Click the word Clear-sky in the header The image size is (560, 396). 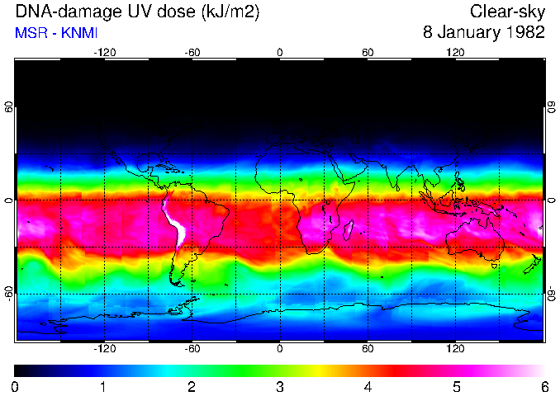pyautogui.click(x=508, y=12)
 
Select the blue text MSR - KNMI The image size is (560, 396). pyautogui.click(x=56, y=33)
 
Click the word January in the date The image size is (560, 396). pyautogui.click(x=465, y=33)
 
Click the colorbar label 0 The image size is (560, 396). pyautogui.click(x=15, y=386)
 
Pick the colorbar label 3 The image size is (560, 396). pyautogui.click(x=279, y=386)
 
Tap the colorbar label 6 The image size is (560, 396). pyautogui.click(x=544, y=386)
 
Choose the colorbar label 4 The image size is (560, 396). pyautogui.click(x=368, y=386)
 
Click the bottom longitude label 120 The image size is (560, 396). pyautogui.click(x=456, y=348)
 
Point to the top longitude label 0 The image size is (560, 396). pyautogui.click(x=279, y=53)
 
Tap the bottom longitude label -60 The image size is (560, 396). pyautogui.click(x=192, y=348)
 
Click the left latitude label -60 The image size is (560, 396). pyautogui.click(x=8, y=294)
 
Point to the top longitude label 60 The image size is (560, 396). pyautogui.click(x=368, y=53)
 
